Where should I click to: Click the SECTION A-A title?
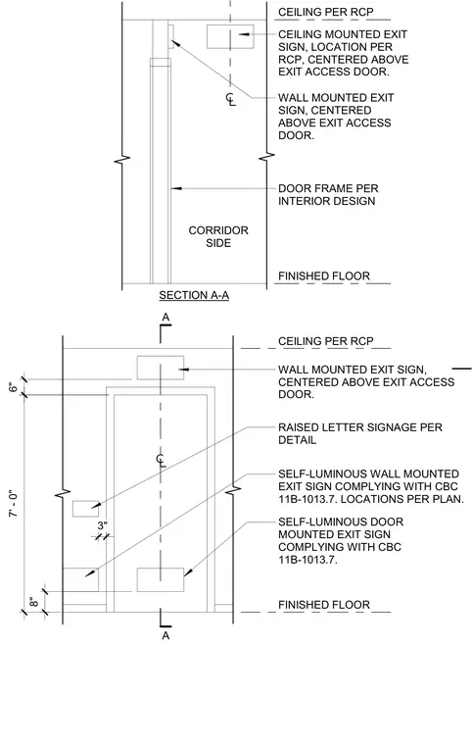194,295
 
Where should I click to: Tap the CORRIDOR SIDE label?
218,236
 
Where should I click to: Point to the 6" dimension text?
14,387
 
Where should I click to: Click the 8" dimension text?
34,602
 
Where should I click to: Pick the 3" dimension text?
103,526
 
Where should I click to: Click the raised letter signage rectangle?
85,509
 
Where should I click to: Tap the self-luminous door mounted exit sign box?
161,579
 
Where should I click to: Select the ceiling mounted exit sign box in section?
230,36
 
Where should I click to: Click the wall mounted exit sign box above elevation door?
161,368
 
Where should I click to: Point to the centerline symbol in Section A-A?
231,99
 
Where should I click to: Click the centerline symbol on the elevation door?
161,460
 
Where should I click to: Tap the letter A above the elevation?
165,317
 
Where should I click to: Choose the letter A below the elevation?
165,635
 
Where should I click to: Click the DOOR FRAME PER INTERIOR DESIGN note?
328,195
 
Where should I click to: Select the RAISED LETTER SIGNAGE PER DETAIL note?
360,433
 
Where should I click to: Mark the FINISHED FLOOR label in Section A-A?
324,276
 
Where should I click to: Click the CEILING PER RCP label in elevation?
326,341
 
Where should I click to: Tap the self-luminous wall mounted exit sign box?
80,579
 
